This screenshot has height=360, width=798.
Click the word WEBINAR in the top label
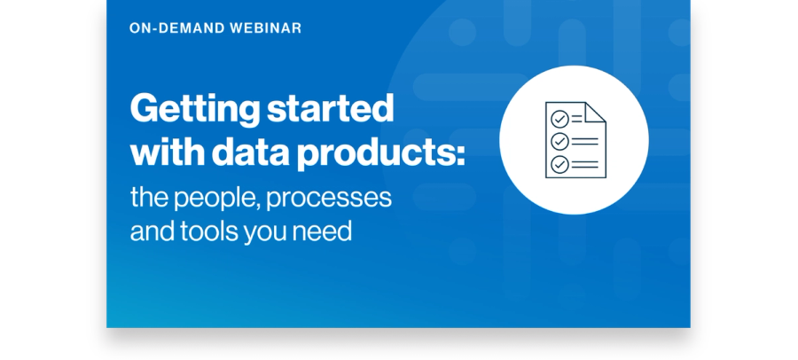[265, 28]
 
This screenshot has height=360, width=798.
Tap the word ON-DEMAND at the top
[176, 28]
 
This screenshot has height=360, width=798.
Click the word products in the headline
[373, 153]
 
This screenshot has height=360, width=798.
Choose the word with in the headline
[167, 153]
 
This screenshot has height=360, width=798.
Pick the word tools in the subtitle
[208, 231]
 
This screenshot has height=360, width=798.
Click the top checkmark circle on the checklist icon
[559, 119]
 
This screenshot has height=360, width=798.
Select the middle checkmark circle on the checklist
[559, 142]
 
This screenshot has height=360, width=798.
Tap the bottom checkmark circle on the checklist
[559, 164]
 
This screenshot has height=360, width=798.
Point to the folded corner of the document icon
[595, 113]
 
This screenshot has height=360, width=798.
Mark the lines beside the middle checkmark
[585, 142]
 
